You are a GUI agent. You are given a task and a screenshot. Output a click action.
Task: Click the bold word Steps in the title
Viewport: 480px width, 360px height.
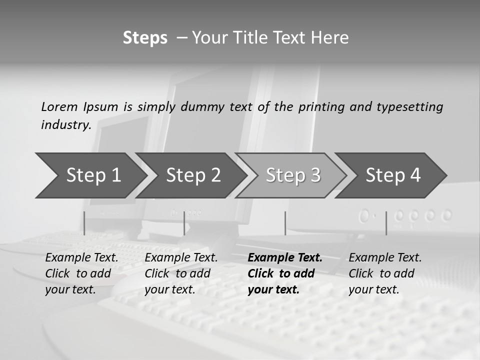[x=145, y=38]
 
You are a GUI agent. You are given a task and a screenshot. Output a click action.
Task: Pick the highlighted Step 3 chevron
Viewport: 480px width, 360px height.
[x=293, y=175]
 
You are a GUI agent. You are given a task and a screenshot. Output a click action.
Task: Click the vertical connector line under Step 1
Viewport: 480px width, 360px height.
[x=84, y=223]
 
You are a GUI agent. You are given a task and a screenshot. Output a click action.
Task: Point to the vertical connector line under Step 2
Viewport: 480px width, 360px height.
[x=184, y=223]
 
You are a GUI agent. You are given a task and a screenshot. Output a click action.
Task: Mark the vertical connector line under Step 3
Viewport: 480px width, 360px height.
[x=285, y=223]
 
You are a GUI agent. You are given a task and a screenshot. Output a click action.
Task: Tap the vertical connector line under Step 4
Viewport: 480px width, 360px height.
[x=386, y=223]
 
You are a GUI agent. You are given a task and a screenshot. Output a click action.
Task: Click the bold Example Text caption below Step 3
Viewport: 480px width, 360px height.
[x=285, y=273]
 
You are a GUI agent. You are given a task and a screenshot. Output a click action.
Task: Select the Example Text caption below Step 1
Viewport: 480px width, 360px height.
[x=81, y=273]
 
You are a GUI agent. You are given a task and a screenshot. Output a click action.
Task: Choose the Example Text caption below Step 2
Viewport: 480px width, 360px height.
[x=181, y=273]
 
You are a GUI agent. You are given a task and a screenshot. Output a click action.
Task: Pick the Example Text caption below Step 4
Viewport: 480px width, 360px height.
[x=385, y=273]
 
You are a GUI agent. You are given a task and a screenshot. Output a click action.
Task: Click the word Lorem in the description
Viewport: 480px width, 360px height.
[x=59, y=106]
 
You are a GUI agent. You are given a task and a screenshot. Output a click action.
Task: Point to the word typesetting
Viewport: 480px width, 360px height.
[x=409, y=107]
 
